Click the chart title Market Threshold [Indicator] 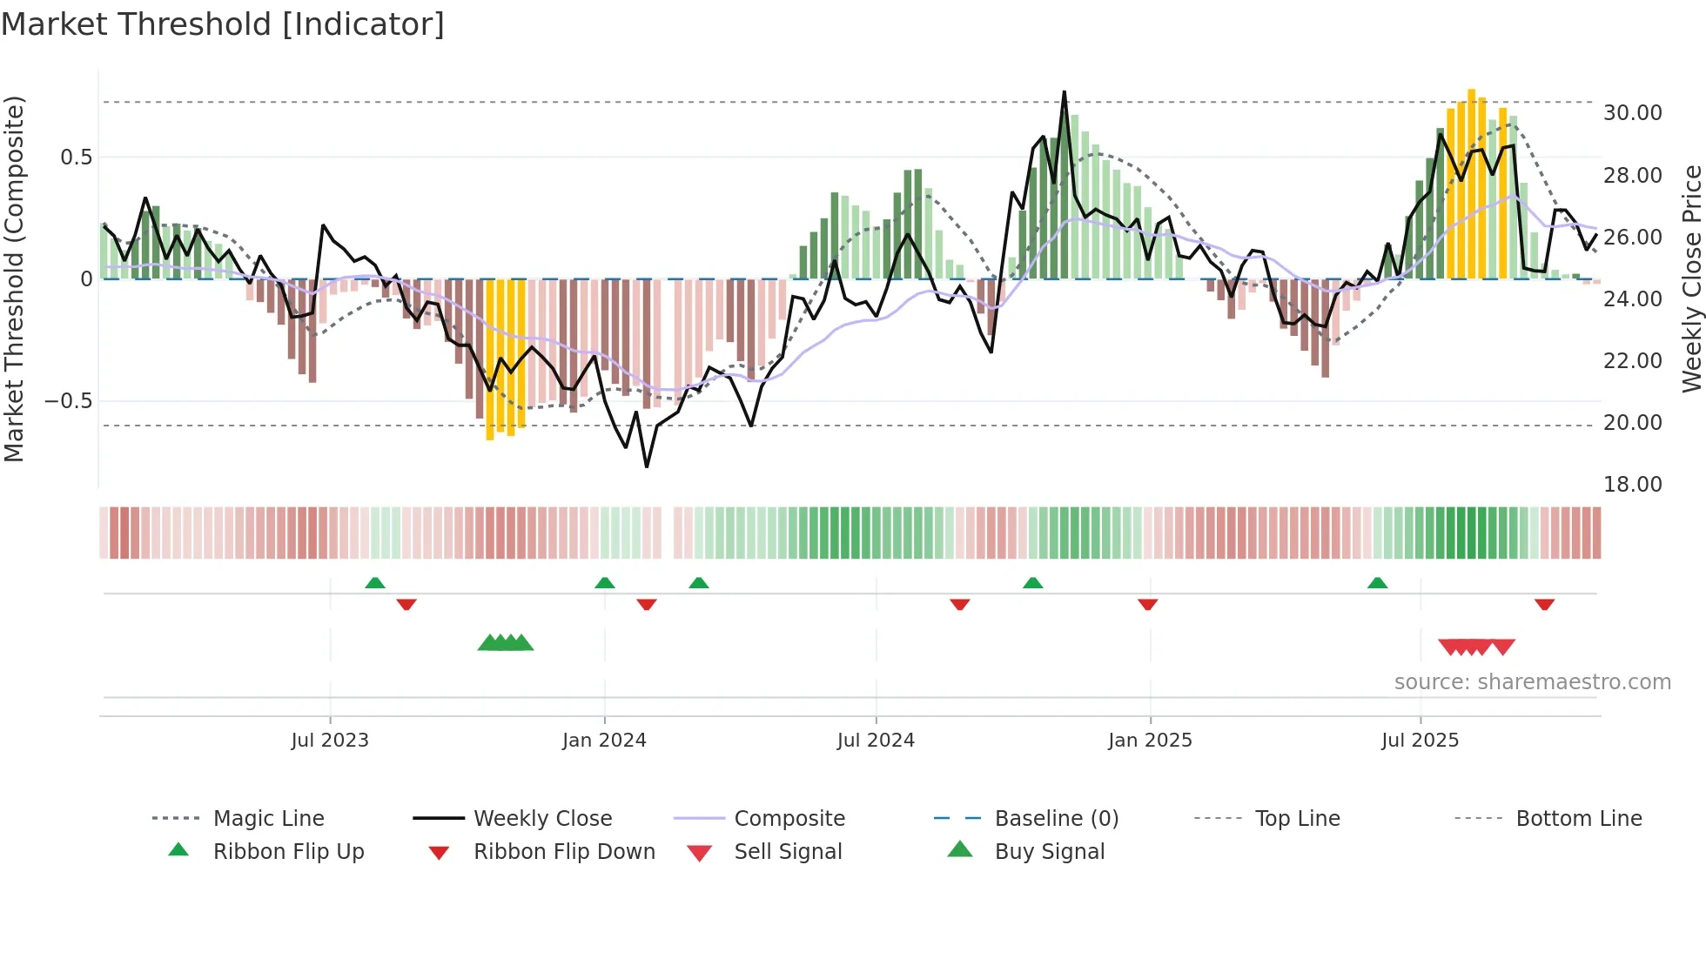pos(223,24)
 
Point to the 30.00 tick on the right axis pos(1632,113)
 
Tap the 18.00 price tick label pos(1632,485)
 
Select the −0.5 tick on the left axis pos(68,401)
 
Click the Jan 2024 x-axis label pos(604,741)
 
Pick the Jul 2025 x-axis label pos(1420,741)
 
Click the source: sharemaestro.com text pos(1532,682)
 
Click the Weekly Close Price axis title pos(1691,278)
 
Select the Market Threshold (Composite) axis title pos(14,278)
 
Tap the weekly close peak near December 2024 pos(1064,92)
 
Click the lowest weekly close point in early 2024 pos(647,466)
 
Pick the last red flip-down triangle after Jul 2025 pos(1544,604)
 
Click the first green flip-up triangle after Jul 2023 pos(375,583)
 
